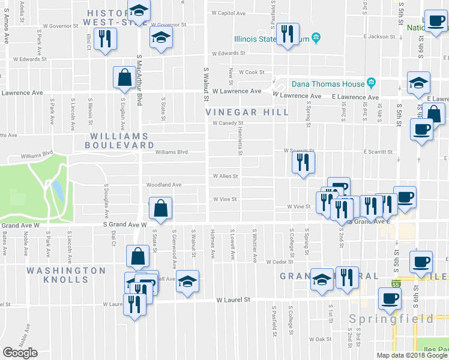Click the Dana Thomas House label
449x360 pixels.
coord(328,84)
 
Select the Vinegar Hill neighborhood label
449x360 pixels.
coord(247,112)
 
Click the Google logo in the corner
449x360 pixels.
coord(20,353)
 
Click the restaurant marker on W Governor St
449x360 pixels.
coord(106,39)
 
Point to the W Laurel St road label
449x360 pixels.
coord(232,299)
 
